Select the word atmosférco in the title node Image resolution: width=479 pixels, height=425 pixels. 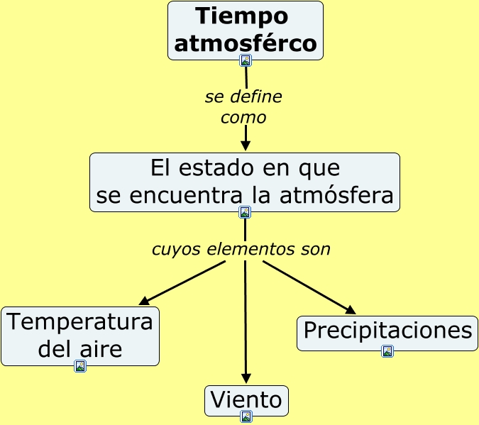pos(246,43)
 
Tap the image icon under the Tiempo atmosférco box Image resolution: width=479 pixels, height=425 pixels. pos(246,60)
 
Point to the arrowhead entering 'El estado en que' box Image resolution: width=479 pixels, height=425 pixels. pos(246,146)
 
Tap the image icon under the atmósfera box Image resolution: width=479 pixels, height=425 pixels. pos(245,212)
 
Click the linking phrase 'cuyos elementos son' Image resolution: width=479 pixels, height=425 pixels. pos(241,250)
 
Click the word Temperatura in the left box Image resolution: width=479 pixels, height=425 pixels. pos(80,322)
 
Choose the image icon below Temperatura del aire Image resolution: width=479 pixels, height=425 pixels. pos(80,366)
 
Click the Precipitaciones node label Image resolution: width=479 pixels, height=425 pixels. pos(387,331)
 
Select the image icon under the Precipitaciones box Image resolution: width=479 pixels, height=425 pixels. pos(387,351)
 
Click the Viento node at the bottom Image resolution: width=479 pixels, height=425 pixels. pos(247,400)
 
